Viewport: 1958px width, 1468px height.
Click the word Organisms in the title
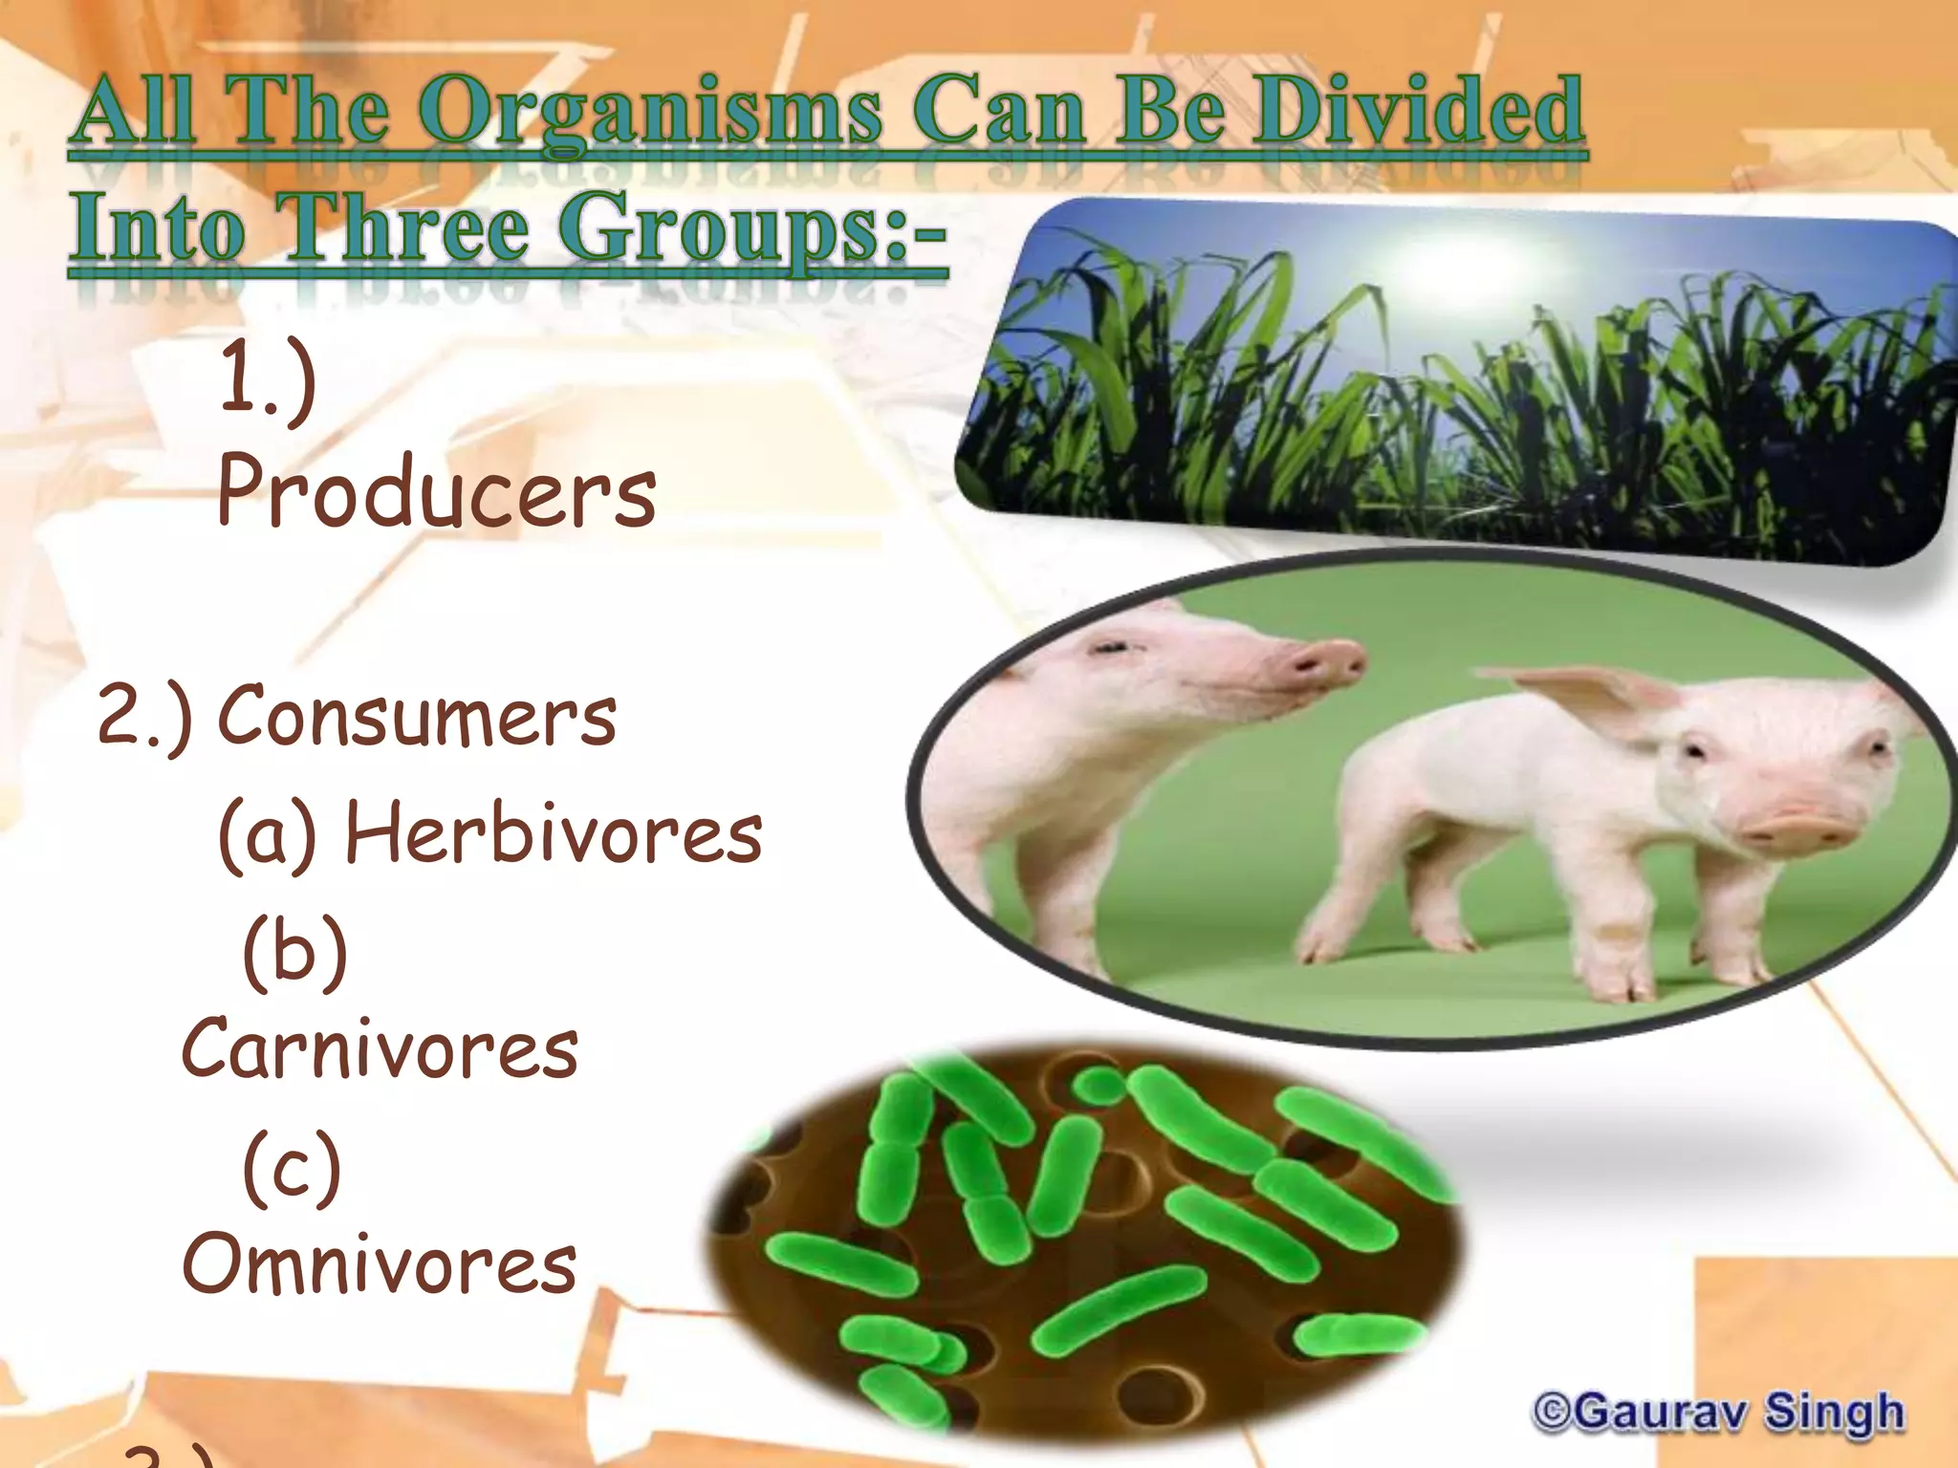(x=650, y=115)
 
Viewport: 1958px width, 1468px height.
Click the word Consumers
(x=417, y=717)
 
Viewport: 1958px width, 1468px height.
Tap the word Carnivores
(x=380, y=1048)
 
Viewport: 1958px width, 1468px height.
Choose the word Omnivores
(x=380, y=1263)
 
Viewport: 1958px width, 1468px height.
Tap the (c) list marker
(x=292, y=1168)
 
